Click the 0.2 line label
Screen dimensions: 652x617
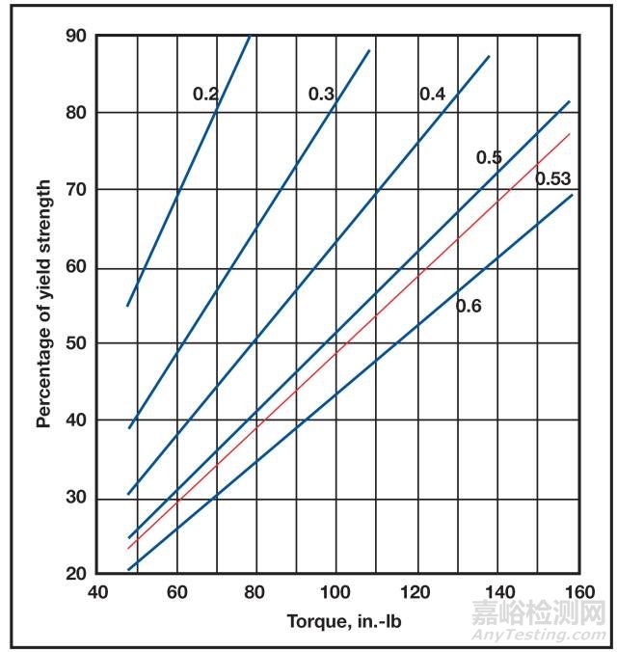click(205, 94)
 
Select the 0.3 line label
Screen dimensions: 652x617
click(321, 94)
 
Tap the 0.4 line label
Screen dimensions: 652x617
click(432, 94)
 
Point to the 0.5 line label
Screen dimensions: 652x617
click(489, 157)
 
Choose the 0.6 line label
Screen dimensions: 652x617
click(469, 307)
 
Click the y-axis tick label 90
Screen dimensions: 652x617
click(76, 37)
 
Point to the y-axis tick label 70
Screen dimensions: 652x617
click(76, 190)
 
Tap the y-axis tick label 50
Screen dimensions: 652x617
click(76, 343)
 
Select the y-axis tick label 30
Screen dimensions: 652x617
click(76, 497)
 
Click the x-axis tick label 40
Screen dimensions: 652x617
click(97, 591)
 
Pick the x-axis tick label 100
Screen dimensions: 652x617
click(335, 591)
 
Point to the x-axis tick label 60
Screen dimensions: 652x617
click(176, 591)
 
